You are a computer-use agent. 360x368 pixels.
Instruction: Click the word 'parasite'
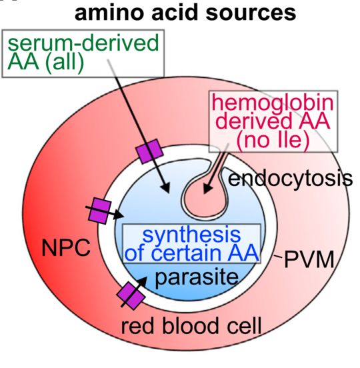tap(199, 275)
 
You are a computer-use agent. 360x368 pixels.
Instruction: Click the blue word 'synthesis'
tap(191, 235)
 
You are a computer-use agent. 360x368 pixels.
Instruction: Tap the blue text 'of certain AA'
tap(192, 253)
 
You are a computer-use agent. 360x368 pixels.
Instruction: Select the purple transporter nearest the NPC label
tap(101, 210)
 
